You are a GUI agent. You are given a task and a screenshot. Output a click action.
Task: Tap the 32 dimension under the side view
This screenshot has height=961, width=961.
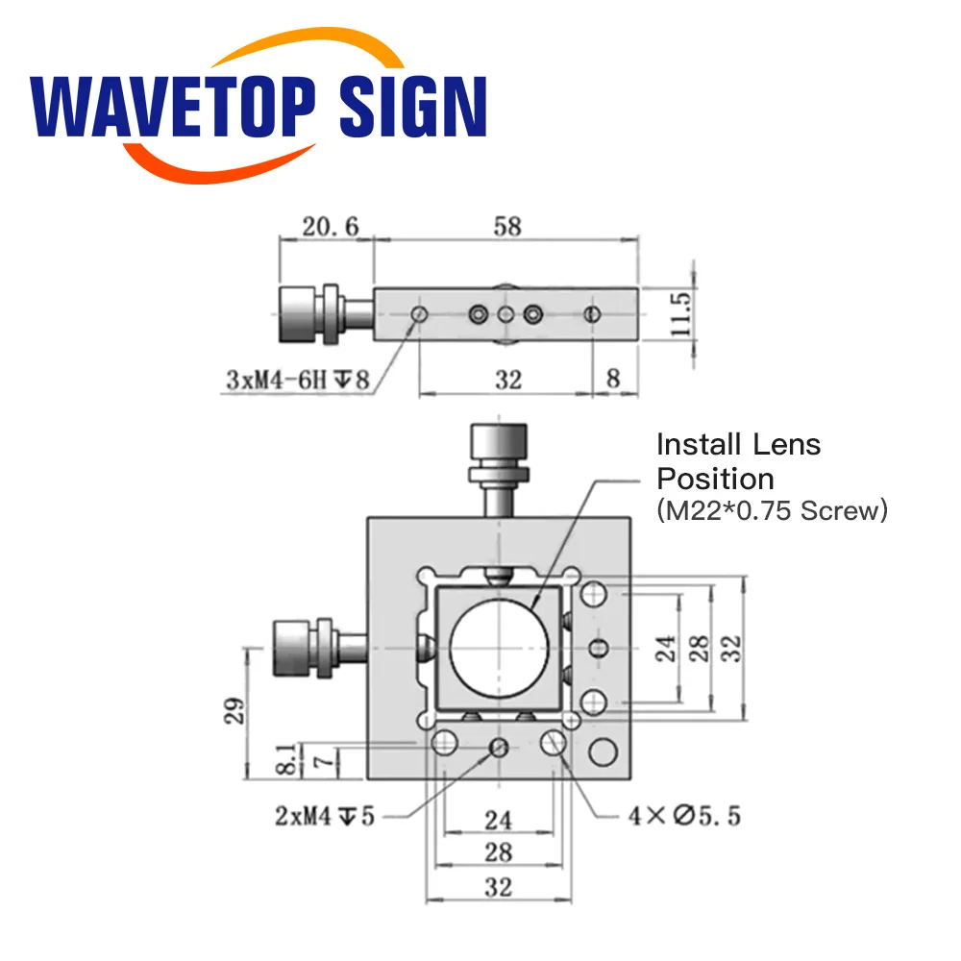pyautogui.click(x=507, y=380)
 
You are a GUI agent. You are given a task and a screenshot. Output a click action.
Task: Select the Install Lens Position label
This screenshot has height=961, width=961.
pyautogui.click(x=738, y=460)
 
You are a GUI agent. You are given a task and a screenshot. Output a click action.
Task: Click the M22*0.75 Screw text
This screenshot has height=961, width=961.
pyautogui.click(x=772, y=510)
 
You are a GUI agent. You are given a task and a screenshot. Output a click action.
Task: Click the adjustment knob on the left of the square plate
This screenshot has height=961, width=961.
pyautogui.click(x=300, y=648)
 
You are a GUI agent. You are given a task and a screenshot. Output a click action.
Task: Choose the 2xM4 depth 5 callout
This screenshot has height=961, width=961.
pyautogui.click(x=324, y=817)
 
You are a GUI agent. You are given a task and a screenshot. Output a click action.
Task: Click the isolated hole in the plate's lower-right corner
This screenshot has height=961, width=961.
pyautogui.click(x=604, y=752)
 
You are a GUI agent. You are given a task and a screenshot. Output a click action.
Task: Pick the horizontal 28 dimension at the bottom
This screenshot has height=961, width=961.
pyautogui.click(x=498, y=851)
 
